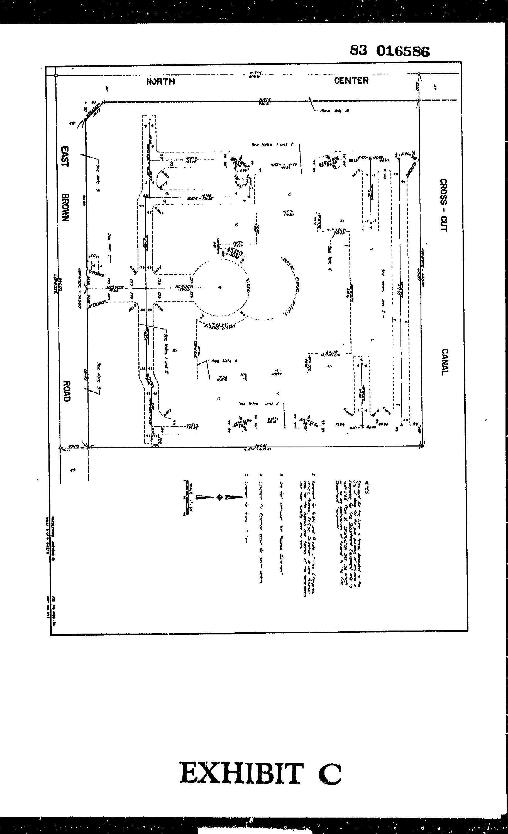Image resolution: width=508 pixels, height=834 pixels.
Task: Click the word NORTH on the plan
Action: (x=161, y=82)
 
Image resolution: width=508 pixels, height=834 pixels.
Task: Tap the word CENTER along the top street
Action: (x=351, y=81)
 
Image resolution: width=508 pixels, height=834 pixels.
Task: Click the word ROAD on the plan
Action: (x=67, y=391)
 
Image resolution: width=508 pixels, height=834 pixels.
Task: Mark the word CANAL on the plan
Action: (x=445, y=362)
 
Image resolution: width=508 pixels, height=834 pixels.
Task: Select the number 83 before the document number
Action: (x=358, y=50)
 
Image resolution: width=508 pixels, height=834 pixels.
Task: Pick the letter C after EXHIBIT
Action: (x=329, y=774)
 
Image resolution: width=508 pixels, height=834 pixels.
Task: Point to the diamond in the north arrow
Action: (x=219, y=497)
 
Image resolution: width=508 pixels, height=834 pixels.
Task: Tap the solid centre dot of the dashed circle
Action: (x=220, y=288)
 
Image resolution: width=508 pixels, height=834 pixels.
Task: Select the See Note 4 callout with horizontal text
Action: (x=224, y=361)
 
